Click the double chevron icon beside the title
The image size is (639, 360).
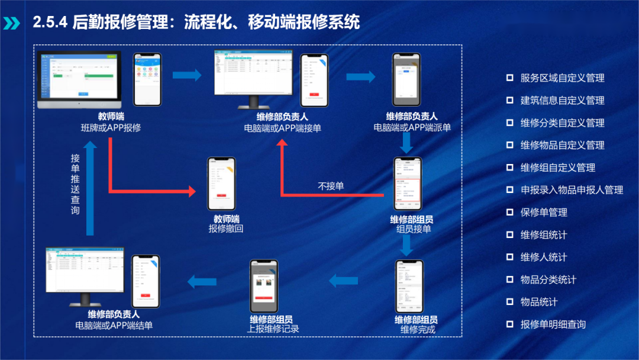coord(11,23)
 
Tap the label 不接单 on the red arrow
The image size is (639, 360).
coord(331,186)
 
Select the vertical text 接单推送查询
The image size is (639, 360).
coord(75,184)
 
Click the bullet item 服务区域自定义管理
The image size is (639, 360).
coord(562,78)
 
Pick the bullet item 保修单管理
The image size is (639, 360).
coord(544,213)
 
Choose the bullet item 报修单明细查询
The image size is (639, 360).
coord(553,324)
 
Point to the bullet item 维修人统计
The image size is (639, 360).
coord(544,257)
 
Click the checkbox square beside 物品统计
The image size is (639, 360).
coord(509,302)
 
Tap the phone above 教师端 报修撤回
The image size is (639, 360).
coord(221,184)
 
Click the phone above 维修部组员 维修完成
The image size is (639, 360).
coord(409,287)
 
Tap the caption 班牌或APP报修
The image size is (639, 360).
coord(111,127)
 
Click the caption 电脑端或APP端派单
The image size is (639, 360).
coord(412,127)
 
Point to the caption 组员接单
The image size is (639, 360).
coord(414,229)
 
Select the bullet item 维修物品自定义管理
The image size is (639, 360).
coord(562,145)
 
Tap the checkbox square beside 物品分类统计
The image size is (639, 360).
coord(509,279)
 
